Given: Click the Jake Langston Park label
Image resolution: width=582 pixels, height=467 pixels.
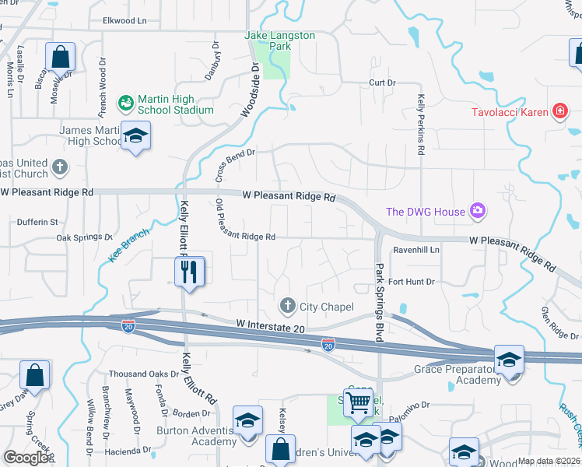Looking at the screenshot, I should [269, 41].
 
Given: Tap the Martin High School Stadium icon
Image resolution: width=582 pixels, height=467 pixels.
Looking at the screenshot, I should [124, 102].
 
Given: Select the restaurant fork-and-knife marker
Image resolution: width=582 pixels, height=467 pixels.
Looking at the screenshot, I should [188, 272].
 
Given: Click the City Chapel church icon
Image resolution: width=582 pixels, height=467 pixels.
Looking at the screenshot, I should [288, 305].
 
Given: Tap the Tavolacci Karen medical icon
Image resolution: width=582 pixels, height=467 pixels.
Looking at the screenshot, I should [559, 112].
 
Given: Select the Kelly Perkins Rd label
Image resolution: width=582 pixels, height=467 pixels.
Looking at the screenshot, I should [421, 125].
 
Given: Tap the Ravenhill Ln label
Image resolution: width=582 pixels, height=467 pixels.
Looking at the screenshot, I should [416, 250].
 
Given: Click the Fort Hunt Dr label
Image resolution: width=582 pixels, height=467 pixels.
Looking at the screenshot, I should [412, 281].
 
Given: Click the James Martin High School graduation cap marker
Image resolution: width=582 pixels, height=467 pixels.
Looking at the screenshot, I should [136, 139].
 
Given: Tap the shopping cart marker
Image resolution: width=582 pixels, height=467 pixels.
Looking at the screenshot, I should [358, 402].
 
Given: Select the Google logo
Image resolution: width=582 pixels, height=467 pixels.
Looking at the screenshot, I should [26, 458].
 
